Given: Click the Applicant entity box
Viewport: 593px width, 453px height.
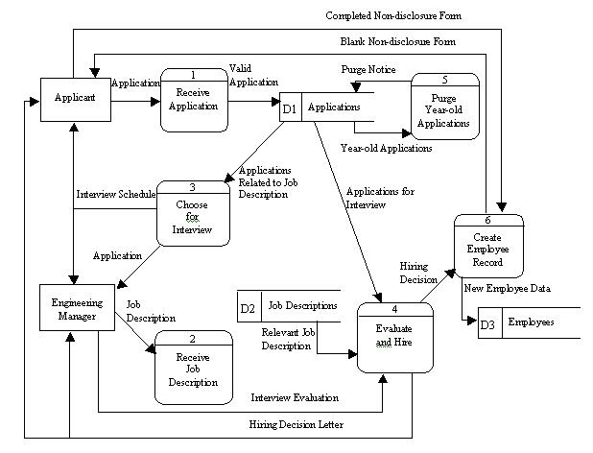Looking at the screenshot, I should point(74,98).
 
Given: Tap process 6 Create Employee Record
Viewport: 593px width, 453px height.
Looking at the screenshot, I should point(490,248).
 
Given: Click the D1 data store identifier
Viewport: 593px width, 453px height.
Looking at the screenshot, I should point(291,108).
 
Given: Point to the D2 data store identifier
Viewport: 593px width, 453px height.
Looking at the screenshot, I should point(248,307).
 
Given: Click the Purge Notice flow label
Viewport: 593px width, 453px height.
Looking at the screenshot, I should point(368,71).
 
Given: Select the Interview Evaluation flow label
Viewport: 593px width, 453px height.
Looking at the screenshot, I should point(294,396).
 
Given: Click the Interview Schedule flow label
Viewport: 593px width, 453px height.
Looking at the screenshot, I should point(115,194).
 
